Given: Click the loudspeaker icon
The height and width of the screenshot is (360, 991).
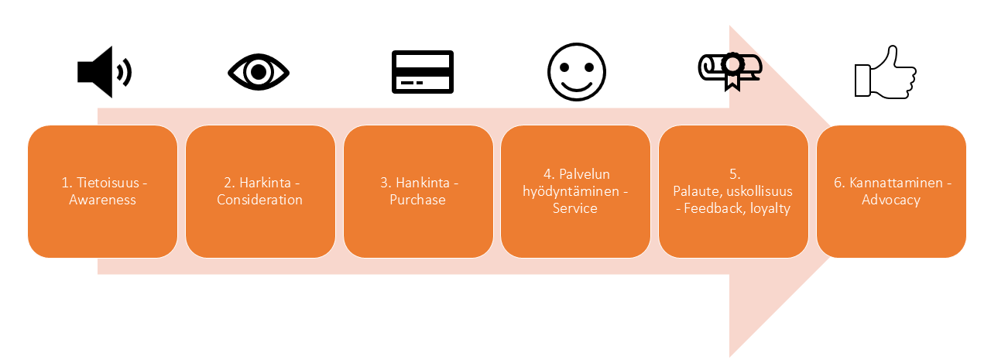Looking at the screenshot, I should pos(103,72).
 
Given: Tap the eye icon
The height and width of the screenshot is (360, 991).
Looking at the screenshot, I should pos(259,73).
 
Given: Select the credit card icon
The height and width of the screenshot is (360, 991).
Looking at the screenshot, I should pos(422,73).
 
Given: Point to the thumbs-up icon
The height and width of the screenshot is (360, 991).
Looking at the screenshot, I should pos(885,72).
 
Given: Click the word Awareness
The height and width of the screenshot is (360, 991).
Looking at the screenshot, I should pos(102,200).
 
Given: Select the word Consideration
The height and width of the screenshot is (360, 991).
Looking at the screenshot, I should pos(259,200).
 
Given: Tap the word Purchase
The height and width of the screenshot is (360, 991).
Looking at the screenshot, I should pos(418,200).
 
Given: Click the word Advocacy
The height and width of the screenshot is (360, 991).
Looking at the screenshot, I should pos(891,200).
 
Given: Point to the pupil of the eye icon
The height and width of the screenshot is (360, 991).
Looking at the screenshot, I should pos(259,73).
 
